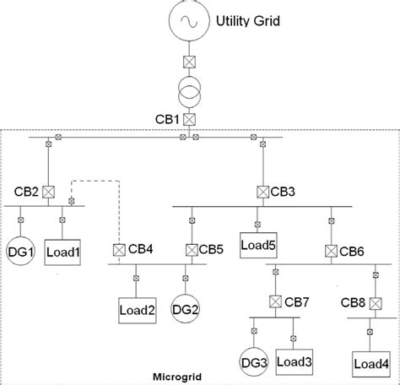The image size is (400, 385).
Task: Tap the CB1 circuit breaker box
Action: tap(191, 119)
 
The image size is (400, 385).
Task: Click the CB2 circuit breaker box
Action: tap(48, 191)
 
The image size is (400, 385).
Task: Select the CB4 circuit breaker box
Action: tap(119, 249)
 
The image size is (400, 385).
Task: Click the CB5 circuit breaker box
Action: tap(192, 249)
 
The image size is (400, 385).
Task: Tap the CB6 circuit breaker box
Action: tap(332, 250)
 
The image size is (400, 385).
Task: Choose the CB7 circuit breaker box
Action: tap(275, 301)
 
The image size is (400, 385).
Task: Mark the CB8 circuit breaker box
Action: tap(372, 301)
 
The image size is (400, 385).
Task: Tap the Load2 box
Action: tap(135, 309)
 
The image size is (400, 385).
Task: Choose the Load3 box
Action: tap(295, 361)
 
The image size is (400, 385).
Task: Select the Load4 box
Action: tap(371, 364)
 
